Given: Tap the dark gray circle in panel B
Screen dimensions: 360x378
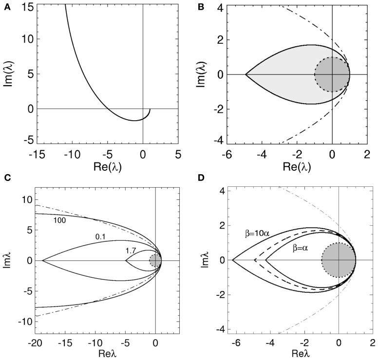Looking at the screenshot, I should pyautogui.click(x=332, y=74).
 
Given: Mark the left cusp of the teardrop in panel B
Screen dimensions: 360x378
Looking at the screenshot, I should pyautogui.click(x=245, y=74).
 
